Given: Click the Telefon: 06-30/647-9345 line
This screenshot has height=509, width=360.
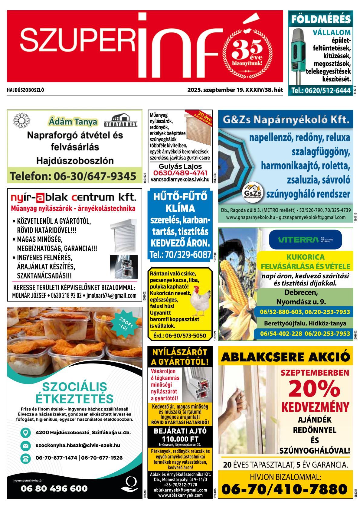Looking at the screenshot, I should point(73,176).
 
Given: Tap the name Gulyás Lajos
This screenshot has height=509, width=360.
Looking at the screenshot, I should point(180,166).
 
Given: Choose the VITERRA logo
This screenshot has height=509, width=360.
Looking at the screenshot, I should point(305,240).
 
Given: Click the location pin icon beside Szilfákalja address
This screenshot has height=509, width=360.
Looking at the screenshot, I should point(26,432).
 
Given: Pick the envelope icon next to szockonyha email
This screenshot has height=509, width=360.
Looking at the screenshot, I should point(26,445).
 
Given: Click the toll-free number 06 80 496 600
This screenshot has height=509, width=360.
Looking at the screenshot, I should point(54,489).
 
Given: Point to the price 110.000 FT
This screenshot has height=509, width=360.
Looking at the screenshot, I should point(180,439).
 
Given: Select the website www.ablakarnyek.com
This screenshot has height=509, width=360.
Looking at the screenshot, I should point(180,495).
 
